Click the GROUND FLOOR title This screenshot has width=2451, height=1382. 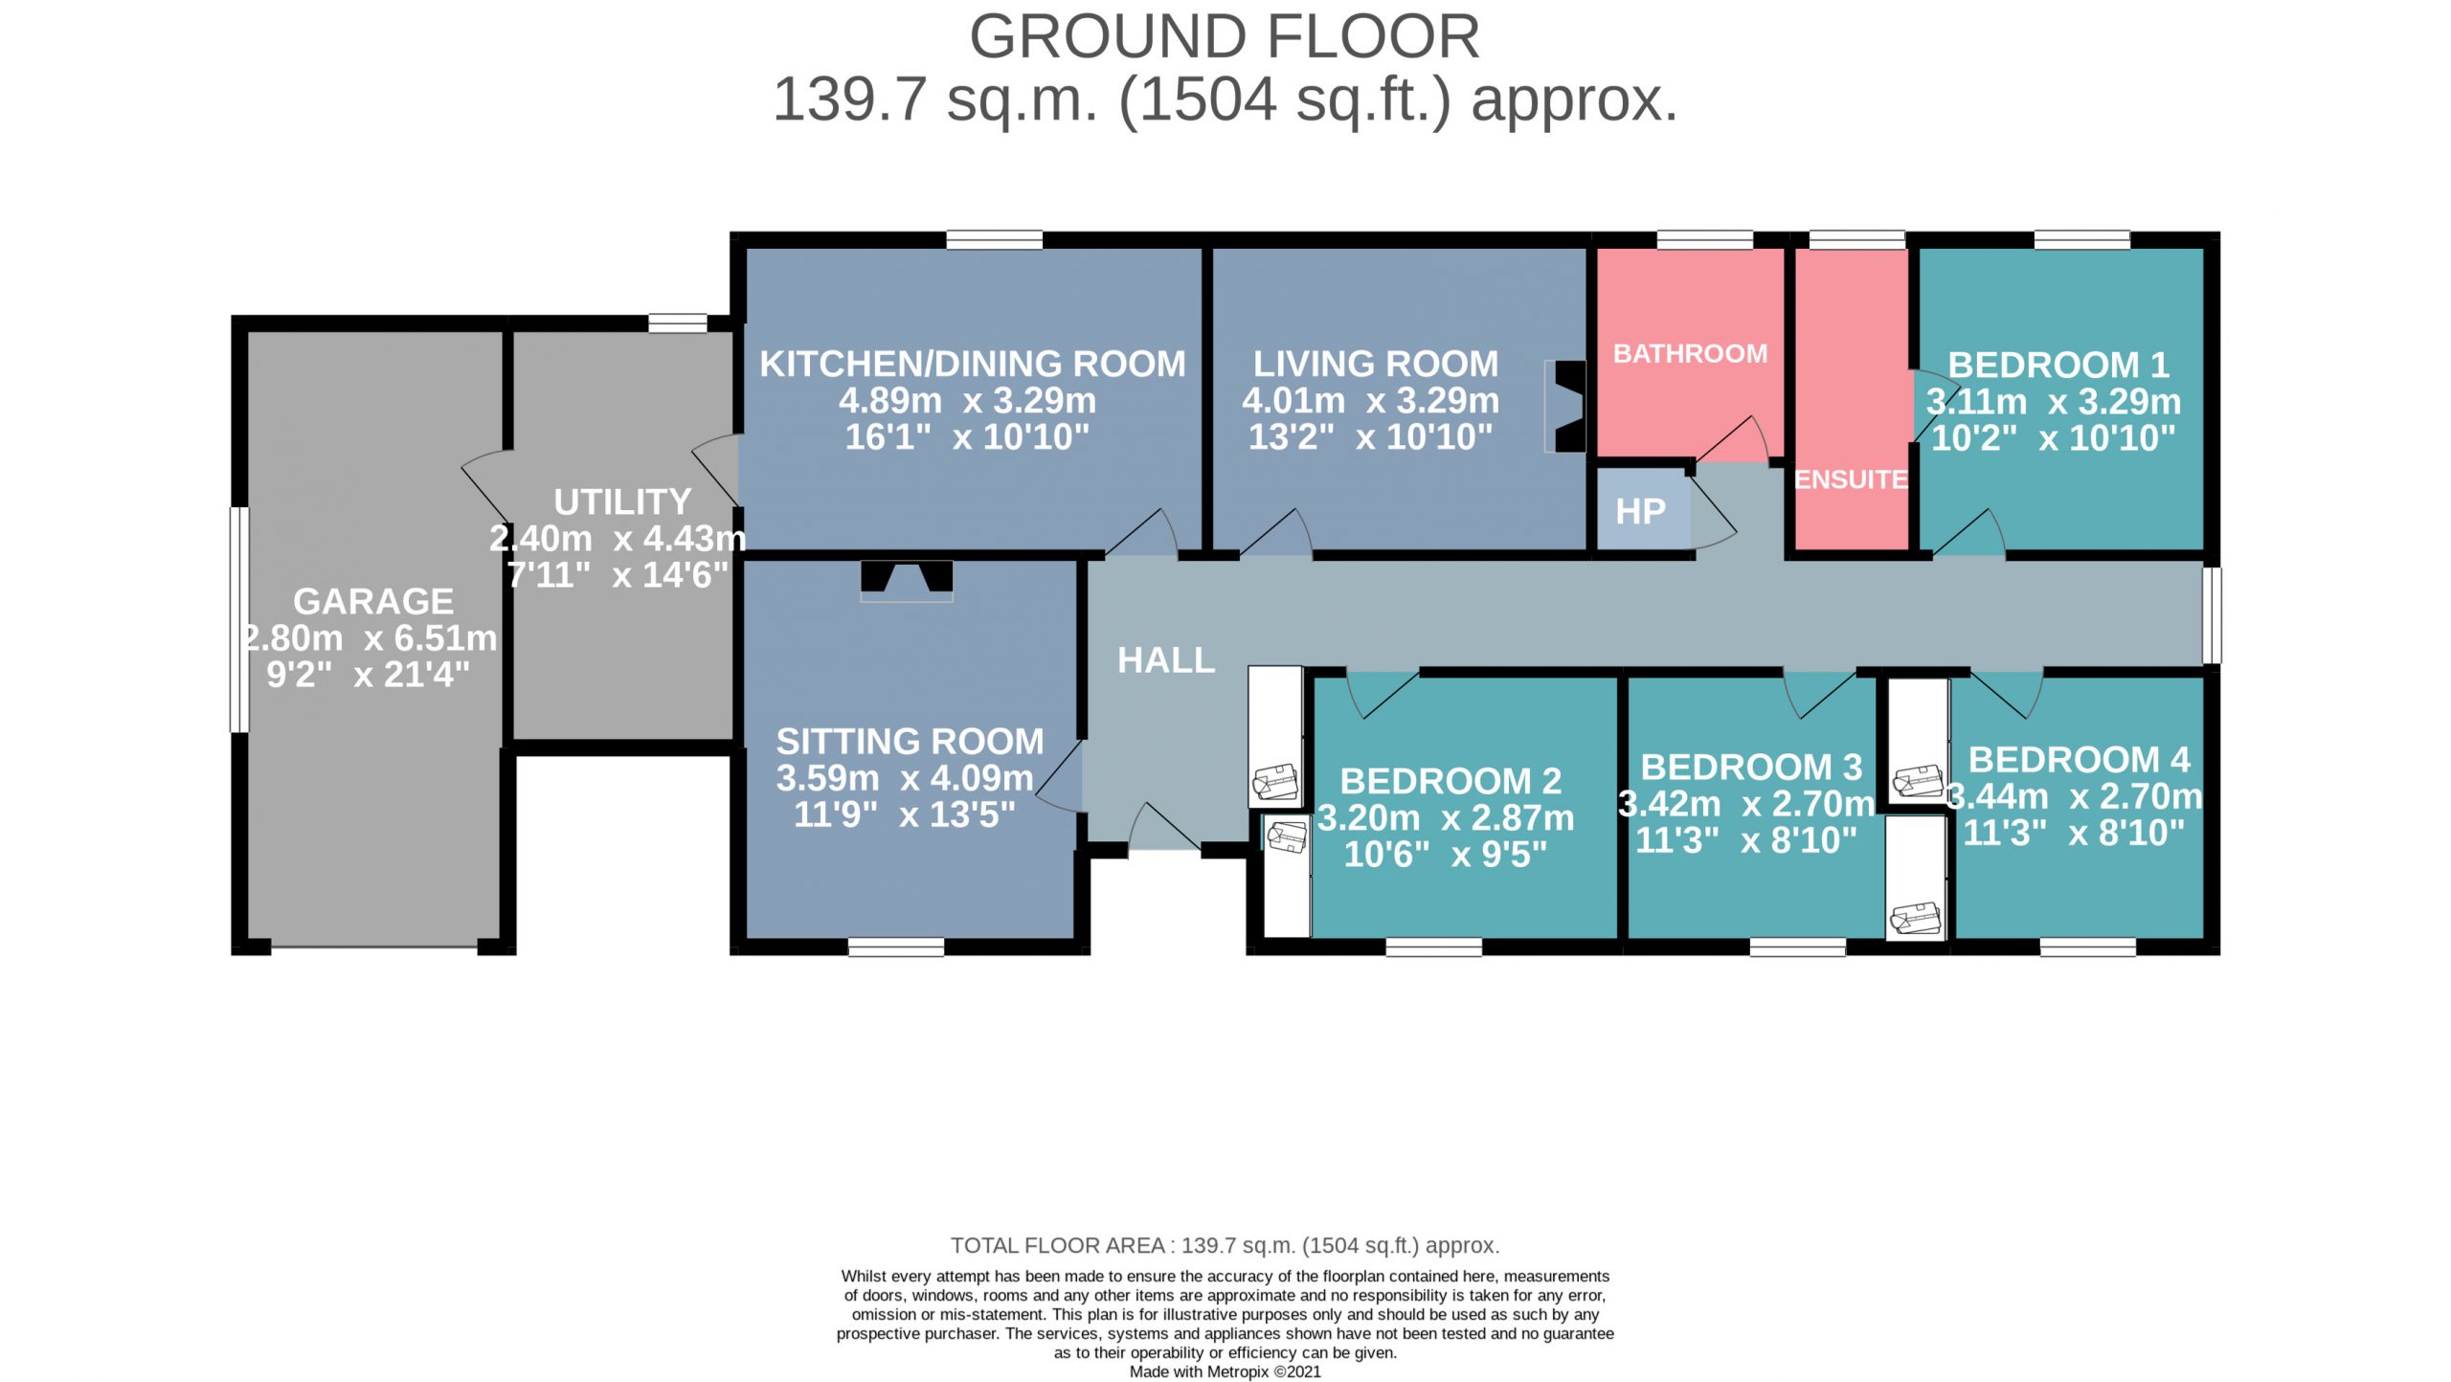1225,36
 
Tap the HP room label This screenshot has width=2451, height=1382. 1640,511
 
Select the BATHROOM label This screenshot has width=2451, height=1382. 1690,353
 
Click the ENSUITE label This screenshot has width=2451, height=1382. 1851,479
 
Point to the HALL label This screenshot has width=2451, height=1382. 1166,660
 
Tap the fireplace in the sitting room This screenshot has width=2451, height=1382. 907,581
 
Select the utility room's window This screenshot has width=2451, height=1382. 678,323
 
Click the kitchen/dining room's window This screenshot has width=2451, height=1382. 995,239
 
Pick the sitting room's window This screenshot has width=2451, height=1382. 896,947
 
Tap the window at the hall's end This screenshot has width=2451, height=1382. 2212,615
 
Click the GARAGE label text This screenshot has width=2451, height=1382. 373,601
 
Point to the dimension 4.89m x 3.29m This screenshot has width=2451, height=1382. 968,400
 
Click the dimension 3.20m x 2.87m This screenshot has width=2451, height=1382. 1446,817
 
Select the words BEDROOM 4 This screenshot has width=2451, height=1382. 2079,759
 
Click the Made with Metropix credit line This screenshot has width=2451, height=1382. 1225,1371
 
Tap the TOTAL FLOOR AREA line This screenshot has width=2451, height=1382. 1225,1245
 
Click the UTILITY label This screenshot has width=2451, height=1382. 622,502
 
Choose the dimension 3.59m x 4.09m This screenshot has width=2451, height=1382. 905,778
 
